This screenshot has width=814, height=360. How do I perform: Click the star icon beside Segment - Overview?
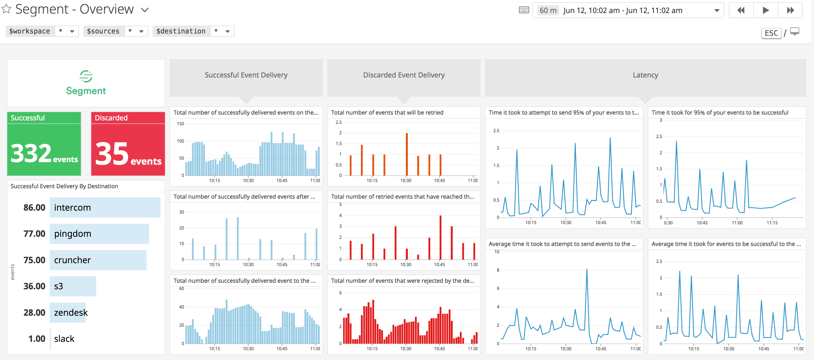click(6, 9)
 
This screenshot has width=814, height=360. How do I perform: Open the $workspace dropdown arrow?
click(72, 31)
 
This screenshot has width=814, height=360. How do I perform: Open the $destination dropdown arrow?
click(228, 31)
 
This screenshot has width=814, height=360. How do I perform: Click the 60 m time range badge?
click(547, 11)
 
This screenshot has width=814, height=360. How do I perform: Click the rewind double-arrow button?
click(741, 11)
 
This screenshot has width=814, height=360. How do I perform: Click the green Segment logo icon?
click(86, 76)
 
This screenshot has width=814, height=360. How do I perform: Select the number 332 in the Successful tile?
click(31, 154)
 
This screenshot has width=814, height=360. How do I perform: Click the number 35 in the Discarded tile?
click(112, 154)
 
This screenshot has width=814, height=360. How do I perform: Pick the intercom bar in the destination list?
click(105, 208)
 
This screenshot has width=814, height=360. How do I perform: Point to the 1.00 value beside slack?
click(37, 339)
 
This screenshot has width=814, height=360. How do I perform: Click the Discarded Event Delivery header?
click(404, 75)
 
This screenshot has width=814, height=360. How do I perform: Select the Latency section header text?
click(645, 75)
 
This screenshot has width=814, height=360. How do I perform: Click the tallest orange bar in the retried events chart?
click(407, 154)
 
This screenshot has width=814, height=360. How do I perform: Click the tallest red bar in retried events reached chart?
click(440, 237)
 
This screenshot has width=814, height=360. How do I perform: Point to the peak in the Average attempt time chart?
click(587, 270)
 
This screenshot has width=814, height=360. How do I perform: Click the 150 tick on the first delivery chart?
click(181, 124)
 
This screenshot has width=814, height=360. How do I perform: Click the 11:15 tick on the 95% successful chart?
click(772, 223)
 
